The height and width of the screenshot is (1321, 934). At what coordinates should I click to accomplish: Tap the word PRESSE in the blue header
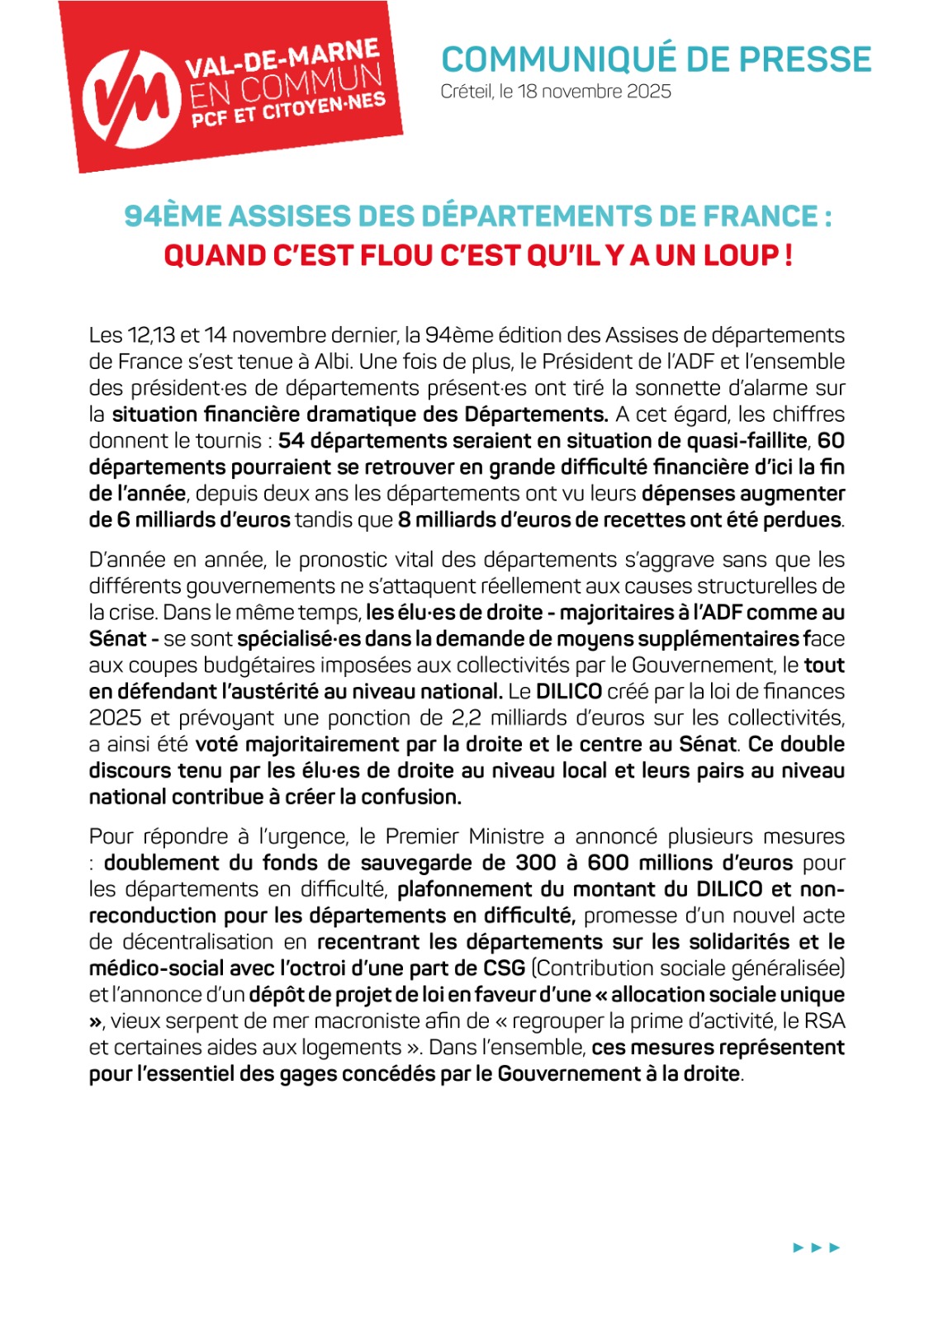pos(804,59)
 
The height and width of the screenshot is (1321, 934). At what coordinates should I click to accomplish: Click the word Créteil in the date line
pos(467,92)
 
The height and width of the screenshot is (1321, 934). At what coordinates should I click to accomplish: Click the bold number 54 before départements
pos(291,441)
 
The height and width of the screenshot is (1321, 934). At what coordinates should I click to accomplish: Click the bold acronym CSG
pos(504,968)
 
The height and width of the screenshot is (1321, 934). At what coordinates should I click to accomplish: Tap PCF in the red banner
pos(210,121)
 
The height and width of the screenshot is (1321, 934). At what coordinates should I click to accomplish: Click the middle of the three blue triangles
pos(816,1248)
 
